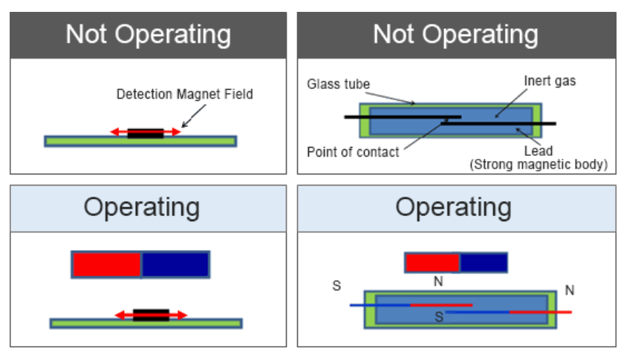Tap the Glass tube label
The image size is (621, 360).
338,84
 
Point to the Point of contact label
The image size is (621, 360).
353,152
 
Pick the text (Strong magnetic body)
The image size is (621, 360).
539,165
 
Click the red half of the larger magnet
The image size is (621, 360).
106,265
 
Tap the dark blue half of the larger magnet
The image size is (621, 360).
175,265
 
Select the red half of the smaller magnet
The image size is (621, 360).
432,263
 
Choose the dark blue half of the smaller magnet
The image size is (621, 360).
484,263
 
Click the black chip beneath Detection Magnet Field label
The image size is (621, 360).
145,134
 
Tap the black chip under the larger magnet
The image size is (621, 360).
151,315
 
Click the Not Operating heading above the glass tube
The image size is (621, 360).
455,34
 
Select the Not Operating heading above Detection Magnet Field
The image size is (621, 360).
148,34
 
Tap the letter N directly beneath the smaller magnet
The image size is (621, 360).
439,282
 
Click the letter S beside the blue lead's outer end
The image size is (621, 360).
336,286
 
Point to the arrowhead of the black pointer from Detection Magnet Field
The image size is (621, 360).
182,125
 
